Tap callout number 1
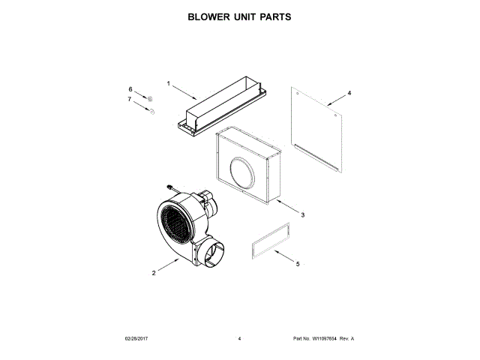[x=169, y=83]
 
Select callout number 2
[x=154, y=273]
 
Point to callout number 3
[x=302, y=215]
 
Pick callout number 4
[x=349, y=94]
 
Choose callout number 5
[x=298, y=264]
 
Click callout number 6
[x=129, y=89]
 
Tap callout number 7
[x=129, y=99]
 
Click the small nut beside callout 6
[x=149, y=99]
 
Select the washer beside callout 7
[x=151, y=112]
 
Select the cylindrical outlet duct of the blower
[x=211, y=254]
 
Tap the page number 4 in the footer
[x=239, y=339]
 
